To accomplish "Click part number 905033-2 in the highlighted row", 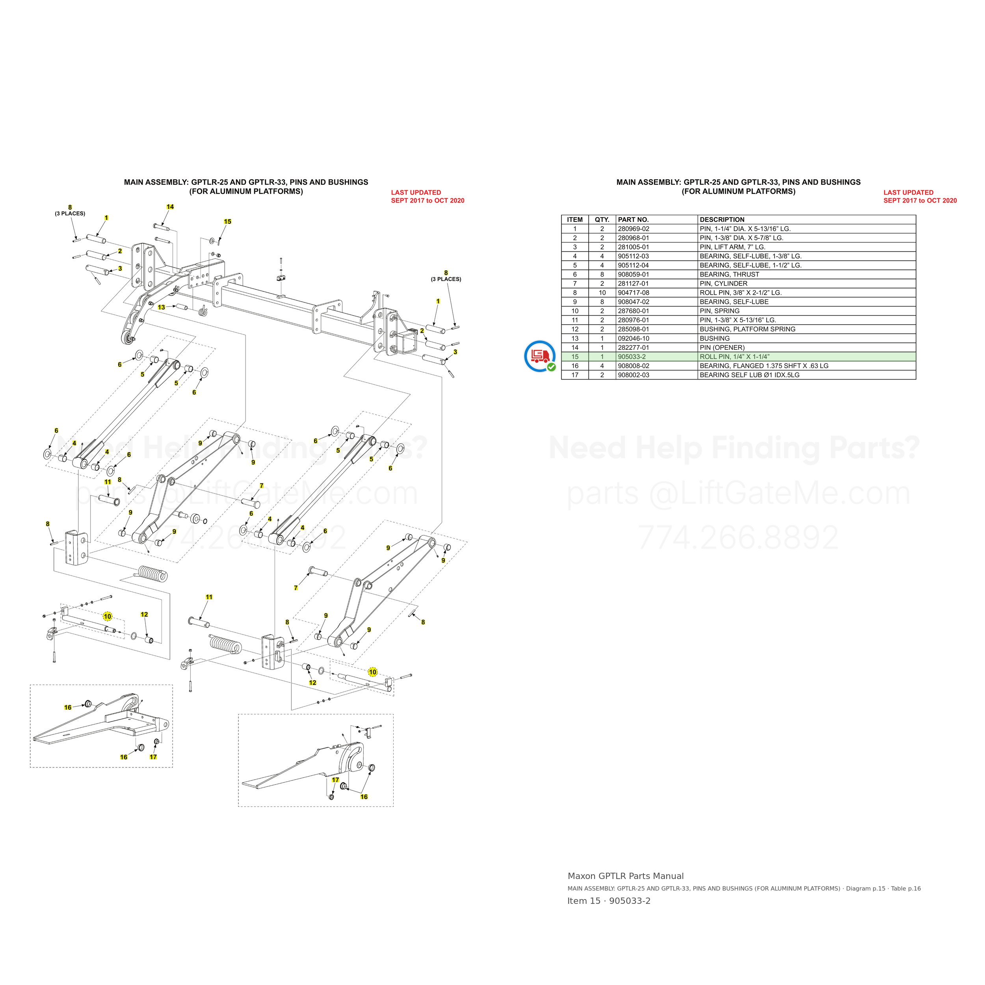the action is (x=632, y=357).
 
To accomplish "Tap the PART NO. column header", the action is (x=633, y=220).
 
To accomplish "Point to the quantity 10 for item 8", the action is (x=602, y=293).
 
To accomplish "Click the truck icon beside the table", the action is (x=540, y=356).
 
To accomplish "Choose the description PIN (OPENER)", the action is (x=722, y=348).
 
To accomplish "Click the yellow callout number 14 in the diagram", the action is (x=170, y=206).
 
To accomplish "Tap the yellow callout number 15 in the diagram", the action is (x=227, y=221).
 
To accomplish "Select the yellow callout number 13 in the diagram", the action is (x=161, y=307).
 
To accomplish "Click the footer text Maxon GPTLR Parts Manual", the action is (x=626, y=876).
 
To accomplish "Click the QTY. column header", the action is (x=602, y=220).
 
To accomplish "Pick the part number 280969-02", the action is (x=633, y=229).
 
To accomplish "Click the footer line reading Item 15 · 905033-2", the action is (x=609, y=901).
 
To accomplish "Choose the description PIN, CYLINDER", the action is (x=723, y=283).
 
